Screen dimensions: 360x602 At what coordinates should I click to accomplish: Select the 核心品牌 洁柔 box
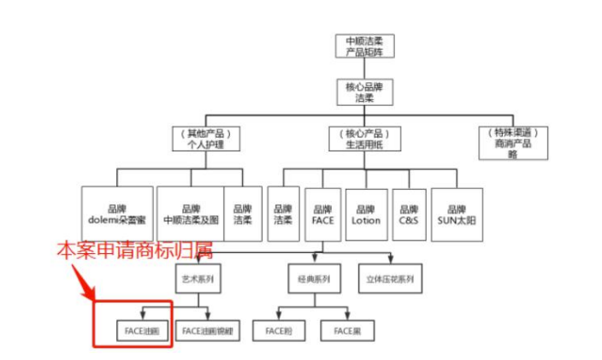[364, 92]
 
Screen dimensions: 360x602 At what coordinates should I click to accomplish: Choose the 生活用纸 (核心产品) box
[364, 139]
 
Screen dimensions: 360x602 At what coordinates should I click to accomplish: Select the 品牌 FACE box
[322, 214]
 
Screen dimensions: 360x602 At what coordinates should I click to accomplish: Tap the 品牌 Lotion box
[366, 214]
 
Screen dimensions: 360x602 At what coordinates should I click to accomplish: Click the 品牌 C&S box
[409, 214]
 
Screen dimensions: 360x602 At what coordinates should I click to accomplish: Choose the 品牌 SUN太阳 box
[457, 214]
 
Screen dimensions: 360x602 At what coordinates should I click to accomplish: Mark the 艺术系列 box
[198, 279]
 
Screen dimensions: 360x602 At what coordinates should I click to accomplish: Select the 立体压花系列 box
[390, 279]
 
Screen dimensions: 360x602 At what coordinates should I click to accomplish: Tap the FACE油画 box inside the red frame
[141, 329]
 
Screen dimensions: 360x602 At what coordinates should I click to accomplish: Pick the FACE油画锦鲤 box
[207, 329]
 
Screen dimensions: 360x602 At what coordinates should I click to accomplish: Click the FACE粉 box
[280, 329]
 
